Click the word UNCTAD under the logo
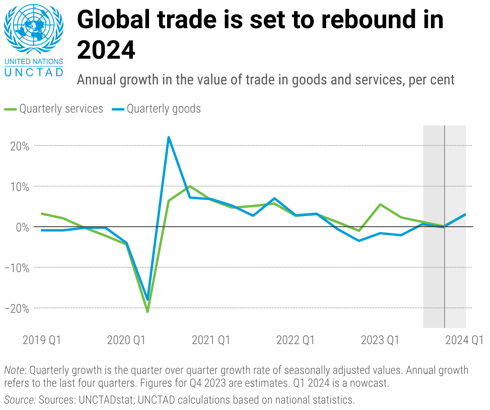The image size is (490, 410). click(34, 72)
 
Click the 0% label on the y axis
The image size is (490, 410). click(22, 228)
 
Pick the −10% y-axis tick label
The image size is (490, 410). click(17, 268)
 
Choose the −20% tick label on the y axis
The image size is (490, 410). click(17, 309)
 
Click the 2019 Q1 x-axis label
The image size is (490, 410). click(42, 340)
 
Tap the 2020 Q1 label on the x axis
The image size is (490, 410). click(126, 340)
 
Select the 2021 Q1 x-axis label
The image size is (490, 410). click(211, 340)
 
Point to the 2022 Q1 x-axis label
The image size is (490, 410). click(295, 340)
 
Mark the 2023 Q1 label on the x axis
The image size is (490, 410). click(380, 340)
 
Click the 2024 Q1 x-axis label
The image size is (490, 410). click(464, 340)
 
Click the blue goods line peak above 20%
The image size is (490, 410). click(169, 137)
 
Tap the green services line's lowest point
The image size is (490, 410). click(147, 312)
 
